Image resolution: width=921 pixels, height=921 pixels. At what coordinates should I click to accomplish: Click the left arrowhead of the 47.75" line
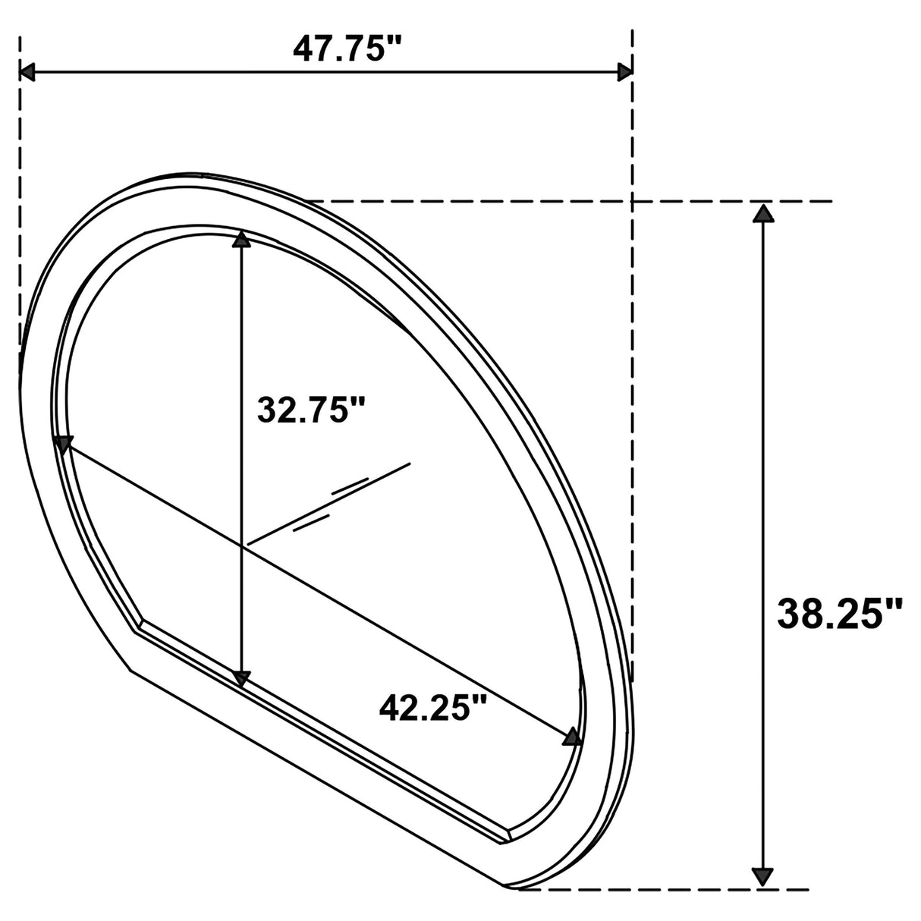pos(28,72)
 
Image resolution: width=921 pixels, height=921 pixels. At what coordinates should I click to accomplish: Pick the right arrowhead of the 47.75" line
pos(624,72)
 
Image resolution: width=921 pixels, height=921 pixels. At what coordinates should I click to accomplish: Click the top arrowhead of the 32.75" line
pos(241,240)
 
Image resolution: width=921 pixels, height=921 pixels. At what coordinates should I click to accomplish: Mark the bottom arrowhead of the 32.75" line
pos(241,677)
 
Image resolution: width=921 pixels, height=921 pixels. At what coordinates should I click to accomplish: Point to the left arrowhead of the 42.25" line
pos(63,445)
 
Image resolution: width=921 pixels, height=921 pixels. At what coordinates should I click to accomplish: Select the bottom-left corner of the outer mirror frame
pos(130,668)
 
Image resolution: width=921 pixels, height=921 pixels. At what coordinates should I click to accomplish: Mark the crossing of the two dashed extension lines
pos(632,202)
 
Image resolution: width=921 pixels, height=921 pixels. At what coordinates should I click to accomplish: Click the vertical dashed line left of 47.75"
pos(20,190)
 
